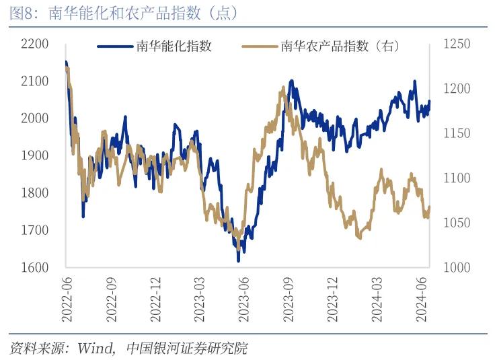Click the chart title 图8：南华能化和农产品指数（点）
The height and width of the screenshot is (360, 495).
124,13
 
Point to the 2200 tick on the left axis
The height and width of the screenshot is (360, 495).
36,44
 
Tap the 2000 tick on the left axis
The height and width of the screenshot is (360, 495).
36,118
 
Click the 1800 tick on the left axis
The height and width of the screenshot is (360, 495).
36,193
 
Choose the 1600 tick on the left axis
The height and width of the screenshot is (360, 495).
36,267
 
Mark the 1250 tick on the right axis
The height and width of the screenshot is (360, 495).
457,44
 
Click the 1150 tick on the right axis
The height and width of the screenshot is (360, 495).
457,134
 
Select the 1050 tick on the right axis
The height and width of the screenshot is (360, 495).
457,223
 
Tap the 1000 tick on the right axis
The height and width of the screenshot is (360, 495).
457,267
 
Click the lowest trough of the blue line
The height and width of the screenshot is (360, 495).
238,260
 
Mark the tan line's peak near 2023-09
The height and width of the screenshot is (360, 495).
282,87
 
